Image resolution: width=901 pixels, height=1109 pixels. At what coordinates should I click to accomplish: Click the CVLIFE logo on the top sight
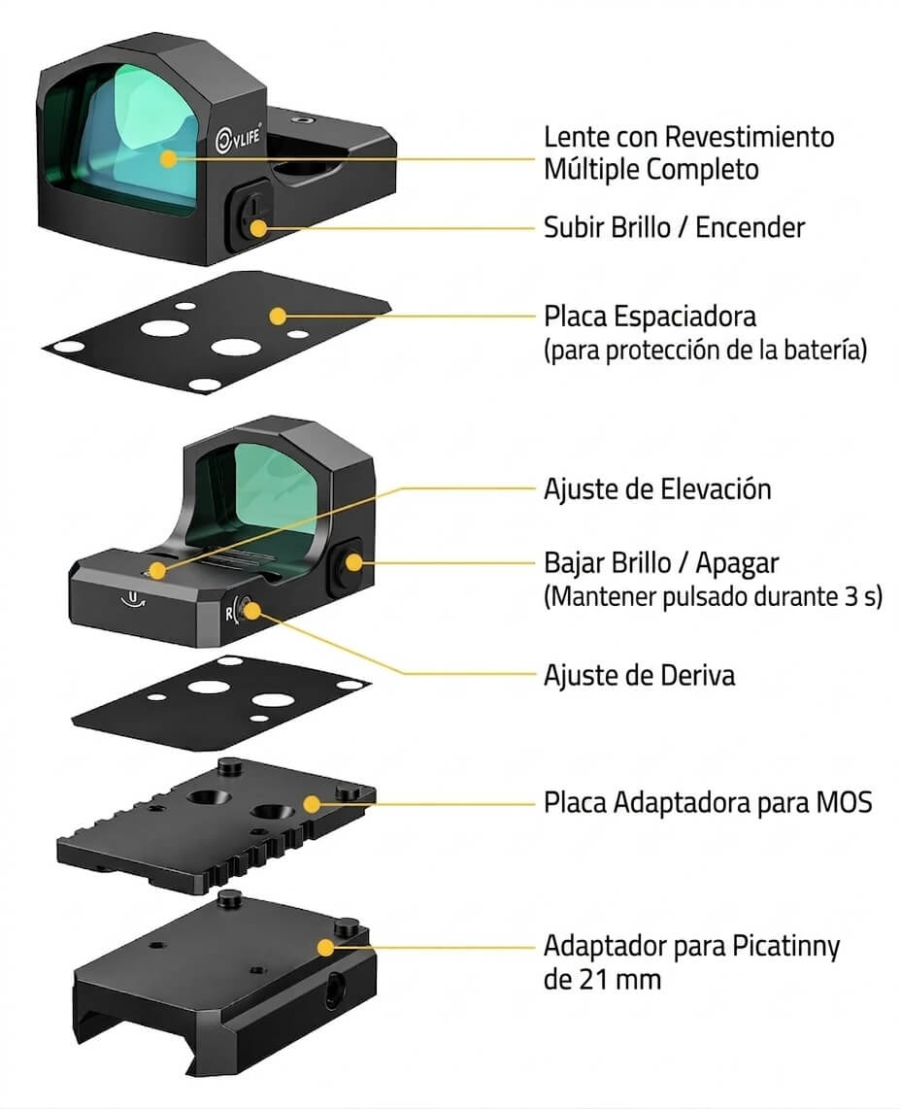(238, 137)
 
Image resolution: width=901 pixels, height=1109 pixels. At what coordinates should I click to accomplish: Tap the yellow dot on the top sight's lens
(168, 158)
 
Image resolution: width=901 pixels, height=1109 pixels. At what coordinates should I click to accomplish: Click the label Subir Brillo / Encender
(674, 228)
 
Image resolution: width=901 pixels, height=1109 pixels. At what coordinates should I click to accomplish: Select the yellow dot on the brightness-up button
(259, 228)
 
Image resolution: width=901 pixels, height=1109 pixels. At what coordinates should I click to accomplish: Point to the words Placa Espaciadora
(650, 317)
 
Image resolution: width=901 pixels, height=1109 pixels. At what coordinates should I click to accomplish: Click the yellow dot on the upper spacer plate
(278, 316)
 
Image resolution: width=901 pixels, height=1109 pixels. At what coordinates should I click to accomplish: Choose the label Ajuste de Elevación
(657, 488)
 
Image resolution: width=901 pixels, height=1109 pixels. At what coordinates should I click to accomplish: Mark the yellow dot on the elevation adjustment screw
(157, 570)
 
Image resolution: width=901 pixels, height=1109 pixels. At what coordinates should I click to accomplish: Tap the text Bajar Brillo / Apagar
(661, 563)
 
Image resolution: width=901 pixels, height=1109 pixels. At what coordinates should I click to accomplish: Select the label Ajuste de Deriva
(639, 676)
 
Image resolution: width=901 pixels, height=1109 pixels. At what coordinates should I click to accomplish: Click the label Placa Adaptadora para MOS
(708, 803)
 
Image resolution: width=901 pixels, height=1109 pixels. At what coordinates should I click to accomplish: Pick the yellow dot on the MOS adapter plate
(312, 804)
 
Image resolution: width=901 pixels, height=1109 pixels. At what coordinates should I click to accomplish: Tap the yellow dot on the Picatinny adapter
(324, 948)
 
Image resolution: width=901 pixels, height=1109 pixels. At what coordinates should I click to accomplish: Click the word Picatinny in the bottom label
(785, 946)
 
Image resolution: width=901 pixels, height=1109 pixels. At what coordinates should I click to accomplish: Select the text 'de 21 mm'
(602, 980)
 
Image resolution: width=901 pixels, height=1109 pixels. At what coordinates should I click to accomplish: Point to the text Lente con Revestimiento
(688, 137)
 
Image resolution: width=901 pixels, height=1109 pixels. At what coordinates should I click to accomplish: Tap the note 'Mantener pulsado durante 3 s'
(713, 596)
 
